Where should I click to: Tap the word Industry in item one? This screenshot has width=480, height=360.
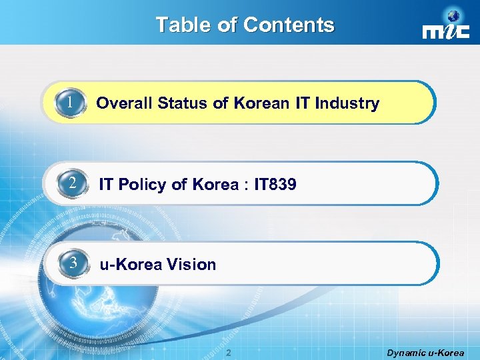(347, 104)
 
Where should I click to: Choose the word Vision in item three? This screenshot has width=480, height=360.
(192, 265)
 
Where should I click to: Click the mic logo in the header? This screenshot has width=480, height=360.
(442, 32)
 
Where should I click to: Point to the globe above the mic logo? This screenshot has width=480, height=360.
(455, 16)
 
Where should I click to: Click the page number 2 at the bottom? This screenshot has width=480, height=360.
(228, 352)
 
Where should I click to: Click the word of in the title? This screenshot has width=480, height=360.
(228, 25)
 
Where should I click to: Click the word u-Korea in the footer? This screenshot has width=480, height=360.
(447, 353)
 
